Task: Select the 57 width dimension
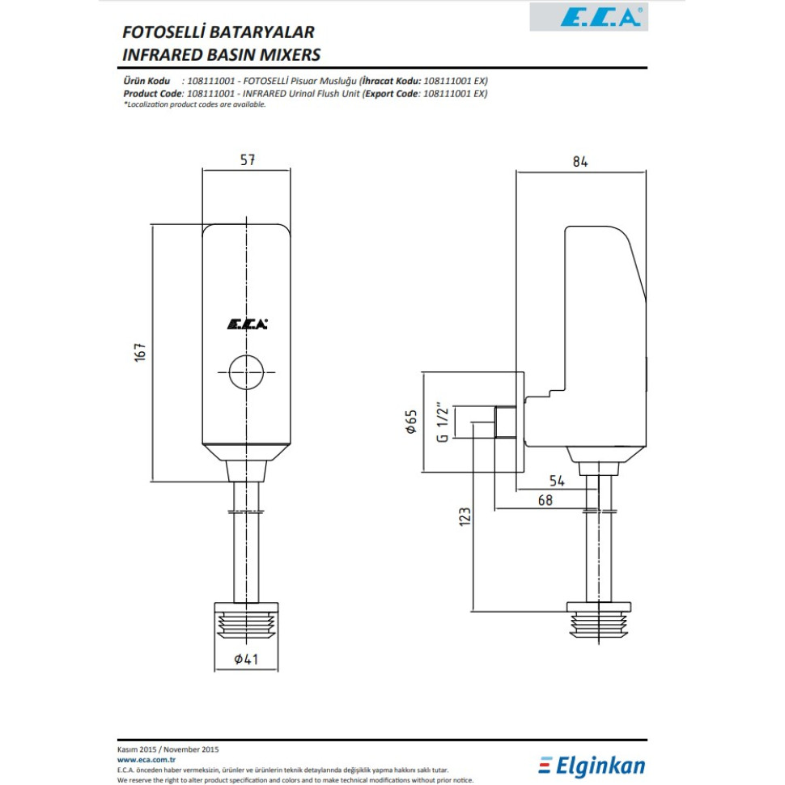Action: tap(247, 160)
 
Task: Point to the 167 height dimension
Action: tap(139, 353)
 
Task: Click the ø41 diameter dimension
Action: tap(246, 660)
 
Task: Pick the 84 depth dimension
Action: tap(580, 161)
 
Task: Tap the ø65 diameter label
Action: tap(411, 422)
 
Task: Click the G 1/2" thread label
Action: tap(442, 422)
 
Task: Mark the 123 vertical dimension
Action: tap(464, 516)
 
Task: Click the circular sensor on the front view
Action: tap(247, 372)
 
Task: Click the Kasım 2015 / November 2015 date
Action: tap(168, 750)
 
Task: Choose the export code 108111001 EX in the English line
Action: tap(455, 94)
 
